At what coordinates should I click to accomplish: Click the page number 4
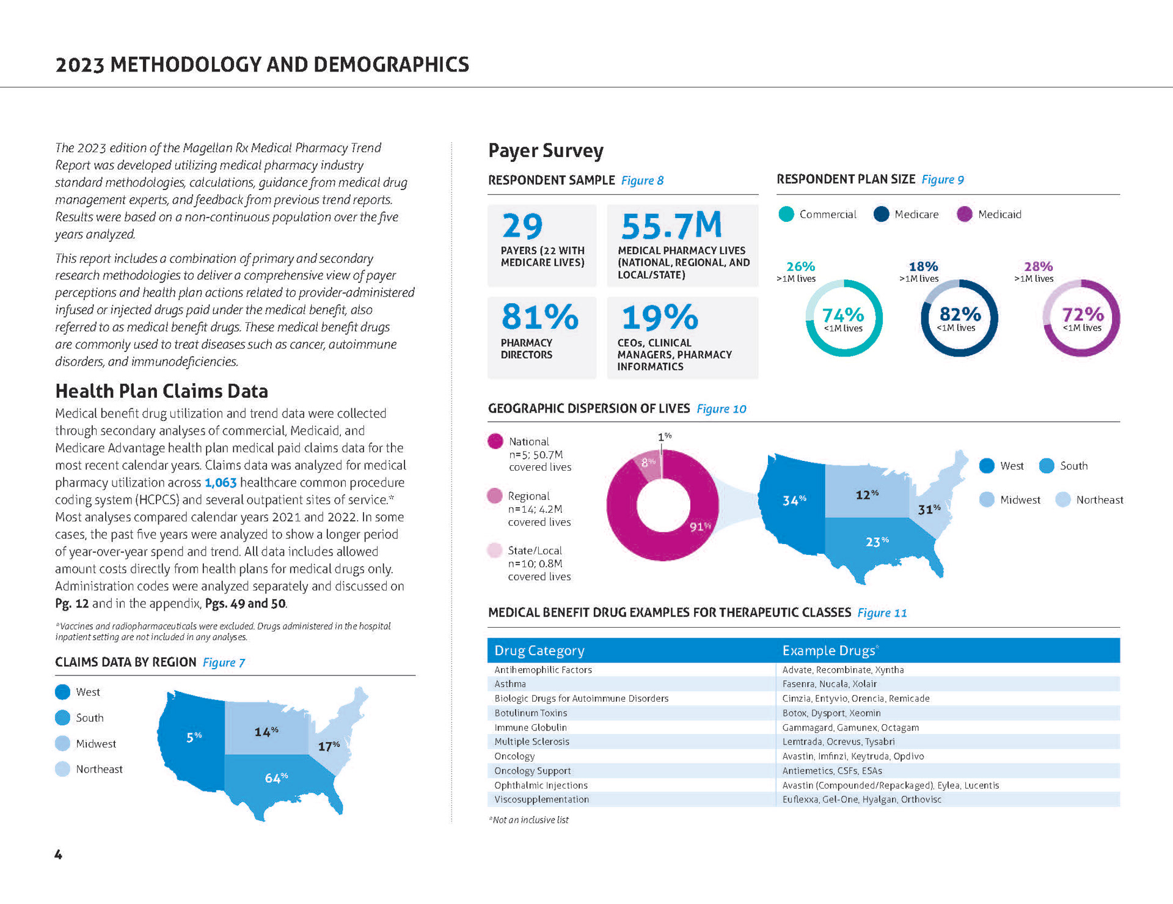(59, 854)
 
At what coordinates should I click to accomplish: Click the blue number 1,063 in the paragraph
(221, 482)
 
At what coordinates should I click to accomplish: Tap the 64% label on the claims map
(276, 777)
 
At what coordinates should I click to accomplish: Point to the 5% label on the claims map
(194, 737)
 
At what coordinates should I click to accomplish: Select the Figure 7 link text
(224, 663)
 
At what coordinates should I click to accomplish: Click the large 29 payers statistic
(522, 226)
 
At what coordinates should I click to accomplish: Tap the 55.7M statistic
(671, 225)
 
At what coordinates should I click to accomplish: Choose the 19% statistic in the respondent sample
(660, 317)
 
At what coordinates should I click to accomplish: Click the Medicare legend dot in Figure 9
(881, 215)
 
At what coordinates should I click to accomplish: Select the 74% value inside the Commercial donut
(843, 315)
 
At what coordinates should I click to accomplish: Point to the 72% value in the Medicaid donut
(1083, 314)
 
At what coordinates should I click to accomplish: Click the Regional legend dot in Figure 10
(495, 496)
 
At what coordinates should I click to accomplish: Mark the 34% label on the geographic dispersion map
(794, 500)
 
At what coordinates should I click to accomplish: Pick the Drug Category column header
(539, 650)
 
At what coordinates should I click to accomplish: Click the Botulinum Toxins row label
(530, 713)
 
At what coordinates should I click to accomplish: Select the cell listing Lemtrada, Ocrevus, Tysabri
(838, 741)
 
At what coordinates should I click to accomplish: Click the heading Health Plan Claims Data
(162, 391)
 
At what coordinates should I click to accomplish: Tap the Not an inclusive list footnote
(529, 820)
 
